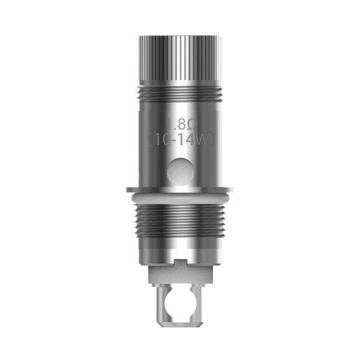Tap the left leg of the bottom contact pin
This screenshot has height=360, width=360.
(163, 304)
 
